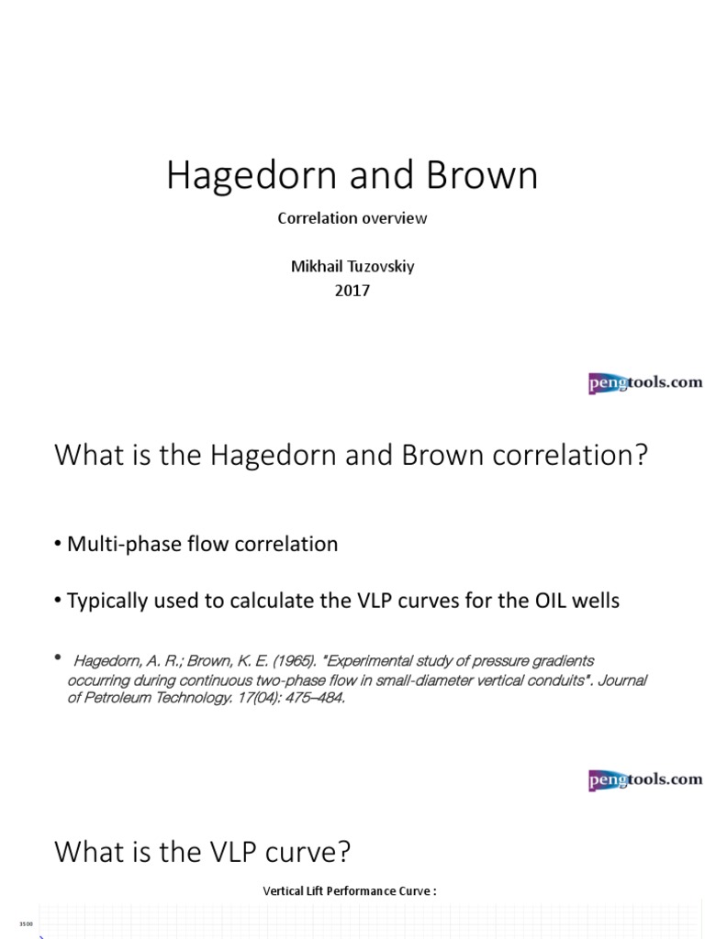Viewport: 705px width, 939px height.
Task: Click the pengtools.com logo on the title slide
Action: click(645, 382)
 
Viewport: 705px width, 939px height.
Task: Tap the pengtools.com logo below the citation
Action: click(645, 779)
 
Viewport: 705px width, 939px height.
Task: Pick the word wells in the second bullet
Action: click(593, 602)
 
